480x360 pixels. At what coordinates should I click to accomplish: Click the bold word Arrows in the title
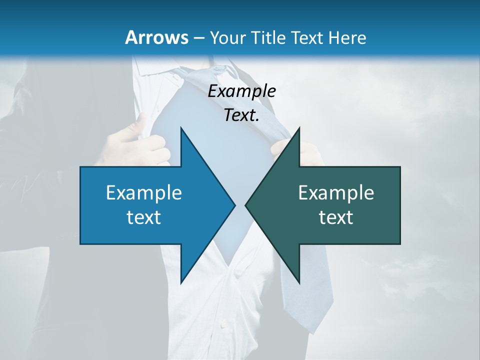(x=156, y=37)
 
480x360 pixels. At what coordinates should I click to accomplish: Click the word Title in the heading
(x=267, y=37)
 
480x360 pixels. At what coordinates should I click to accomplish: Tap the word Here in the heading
(x=348, y=37)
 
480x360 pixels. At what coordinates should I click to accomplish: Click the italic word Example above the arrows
(x=241, y=91)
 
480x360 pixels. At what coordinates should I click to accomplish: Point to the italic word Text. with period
(x=241, y=115)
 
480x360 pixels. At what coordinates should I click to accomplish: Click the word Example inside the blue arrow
(x=144, y=192)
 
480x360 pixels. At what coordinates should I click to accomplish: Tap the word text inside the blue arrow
(x=144, y=217)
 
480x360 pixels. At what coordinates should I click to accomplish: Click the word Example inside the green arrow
(x=336, y=192)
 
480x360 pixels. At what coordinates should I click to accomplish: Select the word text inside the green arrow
(x=336, y=217)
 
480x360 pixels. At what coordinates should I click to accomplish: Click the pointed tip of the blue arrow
(x=234, y=205)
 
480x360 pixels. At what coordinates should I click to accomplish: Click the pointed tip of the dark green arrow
(x=246, y=205)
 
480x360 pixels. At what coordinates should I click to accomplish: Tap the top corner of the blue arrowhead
(x=181, y=128)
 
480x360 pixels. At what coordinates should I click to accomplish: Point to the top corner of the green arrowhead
(x=299, y=128)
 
